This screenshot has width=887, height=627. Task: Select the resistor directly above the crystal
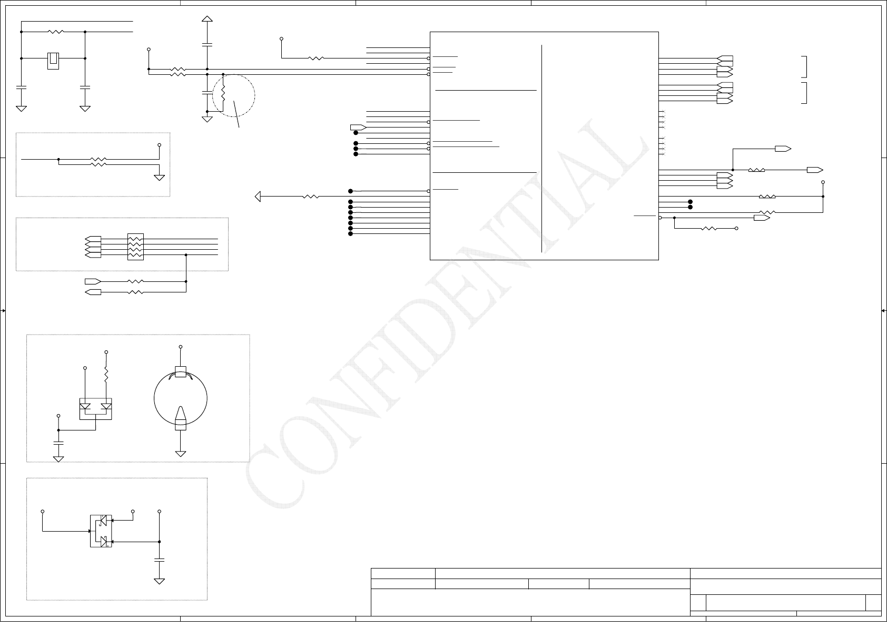(x=55, y=32)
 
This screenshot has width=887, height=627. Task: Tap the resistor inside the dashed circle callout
(x=223, y=94)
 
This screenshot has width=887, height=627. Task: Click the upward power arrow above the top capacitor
(x=207, y=19)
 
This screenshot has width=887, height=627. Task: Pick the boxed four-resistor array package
(x=135, y=247)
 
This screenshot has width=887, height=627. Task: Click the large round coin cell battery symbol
(x=181, y=398)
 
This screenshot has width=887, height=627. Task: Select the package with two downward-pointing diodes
(x=95, y=408)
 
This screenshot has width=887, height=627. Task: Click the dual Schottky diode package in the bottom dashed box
(x=101, y=531)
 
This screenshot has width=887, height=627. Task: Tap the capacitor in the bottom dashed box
(x=159, y=560)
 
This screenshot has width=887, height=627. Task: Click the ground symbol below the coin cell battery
(x=181, y=453)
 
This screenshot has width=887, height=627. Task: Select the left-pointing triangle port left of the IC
(x=258, y=197)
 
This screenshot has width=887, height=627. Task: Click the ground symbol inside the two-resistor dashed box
(x=159, y=177)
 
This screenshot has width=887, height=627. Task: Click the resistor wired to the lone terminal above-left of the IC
(x=316, y=58)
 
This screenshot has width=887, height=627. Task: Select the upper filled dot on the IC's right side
(x=690, y=202)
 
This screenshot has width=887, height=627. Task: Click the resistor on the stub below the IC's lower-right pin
(x=709, y=228)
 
